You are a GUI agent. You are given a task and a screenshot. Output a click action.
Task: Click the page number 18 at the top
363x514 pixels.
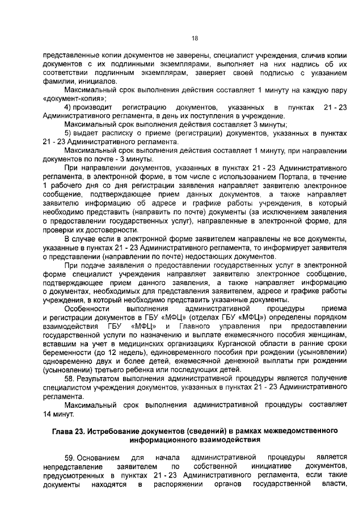pyautogui.click(x=195, y=38)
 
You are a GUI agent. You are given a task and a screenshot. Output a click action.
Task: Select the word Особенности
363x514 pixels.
pyautogui.click(x=87, y=308)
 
